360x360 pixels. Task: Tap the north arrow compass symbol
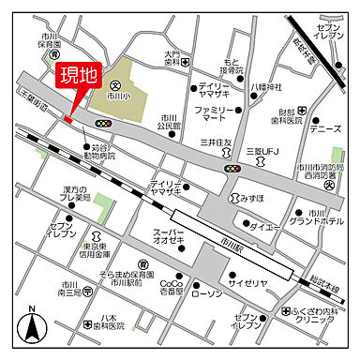point(32,326)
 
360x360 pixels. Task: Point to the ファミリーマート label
point(214,115)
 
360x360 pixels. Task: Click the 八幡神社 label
point(265,86)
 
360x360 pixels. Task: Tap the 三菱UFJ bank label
point(264,151)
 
